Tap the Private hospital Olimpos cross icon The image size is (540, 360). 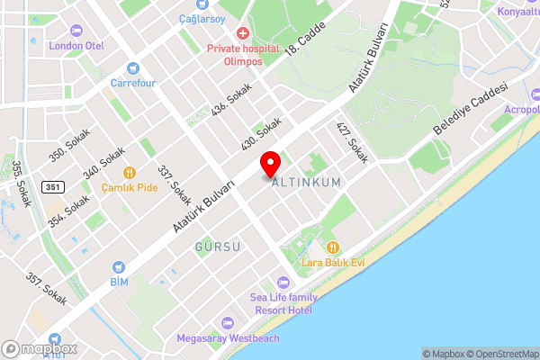point(242,33)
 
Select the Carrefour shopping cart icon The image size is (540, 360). point(134,67)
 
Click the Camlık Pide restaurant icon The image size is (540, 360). point(130,172)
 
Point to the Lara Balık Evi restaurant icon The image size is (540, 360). point(332,247)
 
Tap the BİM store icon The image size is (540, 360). point(118,267)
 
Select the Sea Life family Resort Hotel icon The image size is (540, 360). point(283,282)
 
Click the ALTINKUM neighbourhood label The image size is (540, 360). point(307,182)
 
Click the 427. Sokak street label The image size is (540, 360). point(353,142)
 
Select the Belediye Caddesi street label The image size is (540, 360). point(471,109)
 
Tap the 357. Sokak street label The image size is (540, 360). point(47,290)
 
